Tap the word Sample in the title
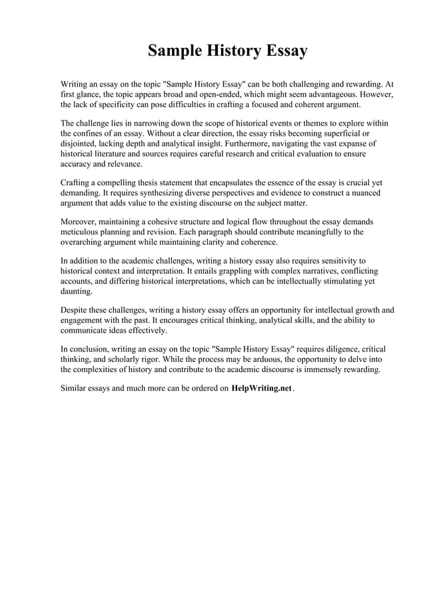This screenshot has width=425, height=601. click(175, 51)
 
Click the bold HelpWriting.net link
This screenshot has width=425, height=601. click(262, 388)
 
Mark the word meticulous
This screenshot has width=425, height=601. click(83, 232)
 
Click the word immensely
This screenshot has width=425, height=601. click(312, 369)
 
